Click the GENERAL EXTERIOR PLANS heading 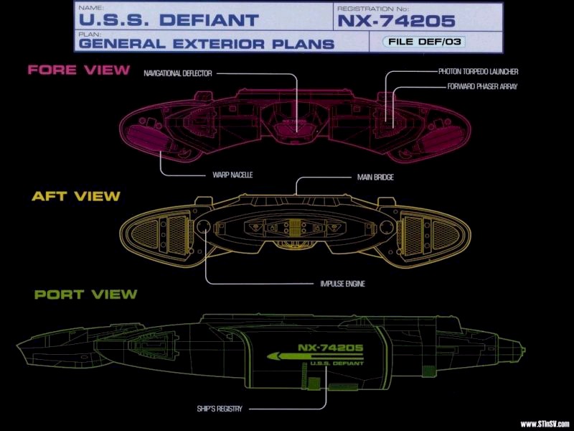pos(207,43)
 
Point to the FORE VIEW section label pos(79,70)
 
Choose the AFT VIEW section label pos(75,195)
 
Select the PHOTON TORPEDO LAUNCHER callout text pos(478,72)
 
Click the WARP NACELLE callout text pos(233,175)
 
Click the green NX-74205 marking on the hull pos(330,348)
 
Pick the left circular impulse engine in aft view pos(204,228)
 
